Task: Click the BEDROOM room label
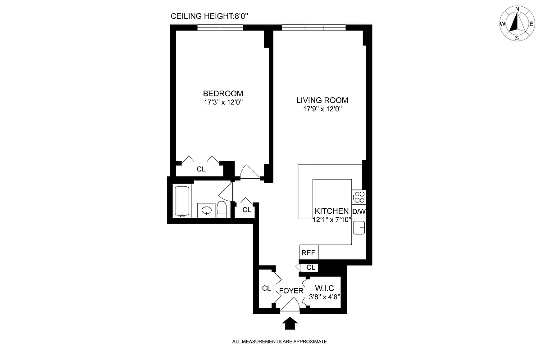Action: [223, 94]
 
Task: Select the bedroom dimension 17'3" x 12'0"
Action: [223, 102]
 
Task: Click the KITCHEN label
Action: [331, 211]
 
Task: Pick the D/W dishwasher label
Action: [359, 211]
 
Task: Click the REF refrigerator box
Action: [309, 253]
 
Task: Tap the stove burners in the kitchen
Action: [359, 197]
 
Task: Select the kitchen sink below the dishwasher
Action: [359, 228]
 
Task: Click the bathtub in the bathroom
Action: [182, 201]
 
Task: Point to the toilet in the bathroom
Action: [222, 210]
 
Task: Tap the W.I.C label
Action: [324, 288]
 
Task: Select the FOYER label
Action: [291, 291]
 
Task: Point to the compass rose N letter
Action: [517, 9]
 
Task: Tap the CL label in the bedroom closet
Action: [201, 170]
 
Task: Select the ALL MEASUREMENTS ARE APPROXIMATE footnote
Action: [279, 342]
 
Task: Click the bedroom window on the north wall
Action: [220, 27]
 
